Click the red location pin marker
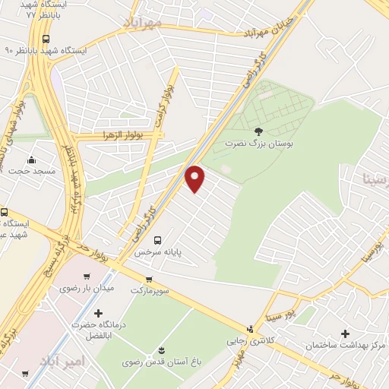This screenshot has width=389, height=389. coord(195,179)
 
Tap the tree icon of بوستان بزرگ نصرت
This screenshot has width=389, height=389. coord(258,131)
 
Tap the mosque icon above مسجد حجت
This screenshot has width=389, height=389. coord(31,160)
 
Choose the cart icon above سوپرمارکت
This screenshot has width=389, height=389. coord(148,279)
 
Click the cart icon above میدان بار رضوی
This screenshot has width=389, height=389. coord(87,277)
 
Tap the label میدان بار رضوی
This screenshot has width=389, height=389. coord(87,288)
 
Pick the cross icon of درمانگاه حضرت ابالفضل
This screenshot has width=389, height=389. coord(98,313)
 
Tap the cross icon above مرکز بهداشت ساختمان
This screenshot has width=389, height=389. coord(346,334)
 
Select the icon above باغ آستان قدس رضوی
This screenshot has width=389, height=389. coord(160,349)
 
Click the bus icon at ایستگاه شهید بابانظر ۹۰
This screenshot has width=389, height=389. coord(47,39)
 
